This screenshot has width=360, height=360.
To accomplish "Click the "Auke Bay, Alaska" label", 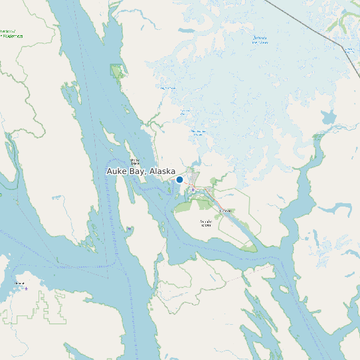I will tap(141, 171).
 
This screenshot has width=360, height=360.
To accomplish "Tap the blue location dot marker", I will tap(179, 179).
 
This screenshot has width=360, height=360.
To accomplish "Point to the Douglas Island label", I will tap(206, 223).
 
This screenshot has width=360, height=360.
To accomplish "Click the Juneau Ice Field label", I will tap(260, 42).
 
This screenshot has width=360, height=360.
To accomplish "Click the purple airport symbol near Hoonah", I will tap(26, 288).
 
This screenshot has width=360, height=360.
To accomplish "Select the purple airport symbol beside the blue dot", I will tap(193, 190).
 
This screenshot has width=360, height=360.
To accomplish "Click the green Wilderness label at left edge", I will tap(11, 33).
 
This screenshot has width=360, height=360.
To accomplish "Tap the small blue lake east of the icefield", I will tap(328, 118).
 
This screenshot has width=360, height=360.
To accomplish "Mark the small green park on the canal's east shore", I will tap(118, 70).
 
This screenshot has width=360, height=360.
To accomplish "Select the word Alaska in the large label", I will tap(162, 171).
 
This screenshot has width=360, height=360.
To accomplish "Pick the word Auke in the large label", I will tap(117, 171).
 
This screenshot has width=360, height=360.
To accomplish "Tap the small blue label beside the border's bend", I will tap(349, 48).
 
